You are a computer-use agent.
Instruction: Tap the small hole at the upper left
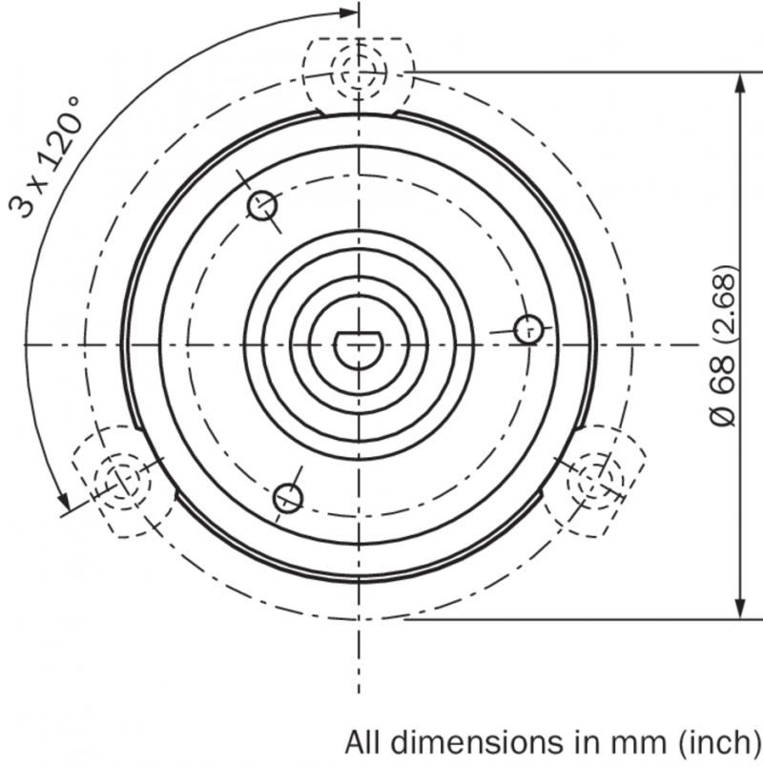(263, 205)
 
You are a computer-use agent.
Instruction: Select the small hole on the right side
(529, 329)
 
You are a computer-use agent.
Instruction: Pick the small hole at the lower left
(288, 498)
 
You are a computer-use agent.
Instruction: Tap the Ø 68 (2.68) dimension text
(722, 345)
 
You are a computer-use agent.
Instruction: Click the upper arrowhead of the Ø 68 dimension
(740, 82)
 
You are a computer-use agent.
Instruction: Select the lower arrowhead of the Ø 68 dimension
(740, 609)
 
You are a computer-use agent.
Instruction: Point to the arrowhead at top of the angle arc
(349, 12)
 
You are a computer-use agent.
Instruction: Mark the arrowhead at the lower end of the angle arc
(64, 500)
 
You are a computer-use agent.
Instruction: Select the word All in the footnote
(363, 742)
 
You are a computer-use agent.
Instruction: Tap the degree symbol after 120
(73, 102)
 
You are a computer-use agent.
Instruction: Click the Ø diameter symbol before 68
(722, 417)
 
